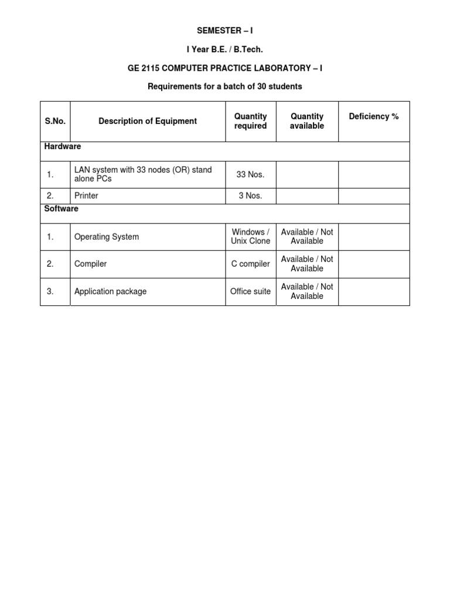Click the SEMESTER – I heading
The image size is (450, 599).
(x=225, y=30)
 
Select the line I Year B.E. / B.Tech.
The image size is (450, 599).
(x=225, y=50)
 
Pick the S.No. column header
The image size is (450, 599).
(x=55, y=121)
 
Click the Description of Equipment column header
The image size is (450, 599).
(x=148, y=121)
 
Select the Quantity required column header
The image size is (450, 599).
(x=250, y=121)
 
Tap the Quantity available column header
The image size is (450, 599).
(x=307, y=121)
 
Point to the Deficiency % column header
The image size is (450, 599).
(x=374, y=116)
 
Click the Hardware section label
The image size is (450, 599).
(x=63, y=146)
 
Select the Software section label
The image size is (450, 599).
(x=62, y=209)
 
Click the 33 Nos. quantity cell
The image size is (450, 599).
(x=250, y=174)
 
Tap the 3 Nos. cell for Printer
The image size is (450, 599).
(x=250, y=196)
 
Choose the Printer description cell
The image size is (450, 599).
(x=86, y=196)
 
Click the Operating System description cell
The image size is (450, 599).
(x=107, y=237)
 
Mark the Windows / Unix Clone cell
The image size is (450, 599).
(x=251, y=236)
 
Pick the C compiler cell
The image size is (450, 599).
(x=251, y=264)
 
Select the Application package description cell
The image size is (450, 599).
(x=110, y=291)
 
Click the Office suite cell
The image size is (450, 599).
(x=250, y=291)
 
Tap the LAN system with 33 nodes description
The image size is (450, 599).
(x=143, y=174)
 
